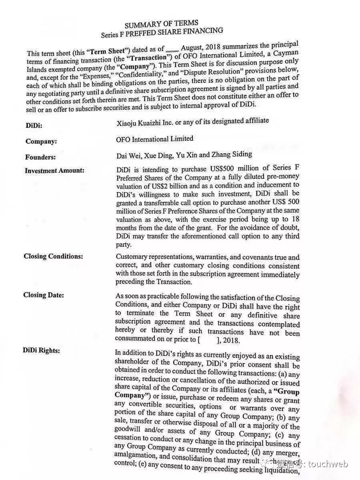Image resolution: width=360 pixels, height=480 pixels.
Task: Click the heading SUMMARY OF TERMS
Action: (x=161, y=24)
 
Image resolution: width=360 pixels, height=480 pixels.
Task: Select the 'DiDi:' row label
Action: (x=34, y=125)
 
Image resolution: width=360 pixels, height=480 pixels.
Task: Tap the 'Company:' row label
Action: (x=41, y=141)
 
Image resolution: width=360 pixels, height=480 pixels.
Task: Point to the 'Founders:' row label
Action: (x=40, y=157)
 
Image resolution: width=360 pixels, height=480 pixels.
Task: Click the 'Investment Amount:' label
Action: (x=54, y=170)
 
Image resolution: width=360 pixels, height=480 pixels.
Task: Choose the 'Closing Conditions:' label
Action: (x=53, y=256)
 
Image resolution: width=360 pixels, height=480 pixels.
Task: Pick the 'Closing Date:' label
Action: (x=44, y=295)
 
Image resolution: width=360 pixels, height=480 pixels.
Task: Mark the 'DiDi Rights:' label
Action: (x=42, y=350)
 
